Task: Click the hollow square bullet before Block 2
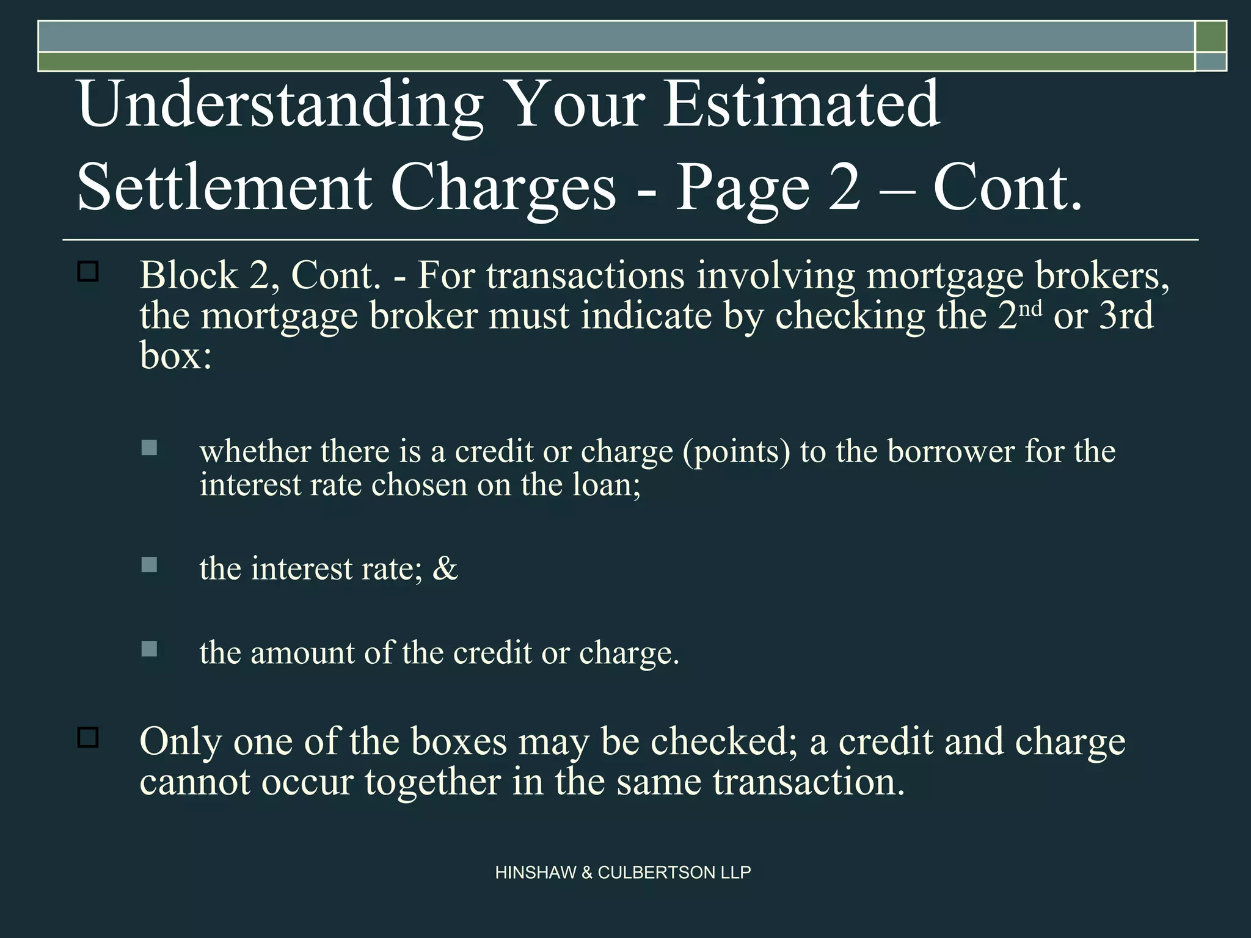click(89, 272)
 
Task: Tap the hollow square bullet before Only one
click(89, 738)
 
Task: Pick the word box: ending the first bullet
click(176, 355)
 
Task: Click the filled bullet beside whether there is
click(149, 448)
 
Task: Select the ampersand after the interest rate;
click(445, 569)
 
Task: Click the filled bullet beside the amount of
click(149, 649)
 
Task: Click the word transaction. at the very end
click(809, 782)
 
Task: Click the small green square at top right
click(1211, 36)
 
